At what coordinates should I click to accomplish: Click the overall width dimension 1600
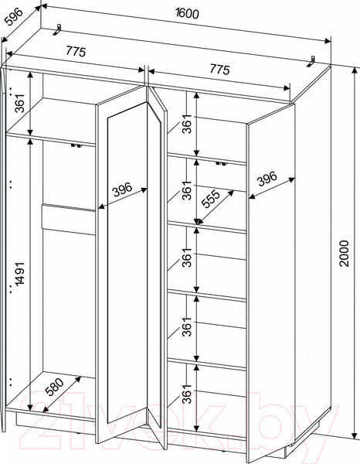pos(187,13)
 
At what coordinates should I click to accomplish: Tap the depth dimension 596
pos(14,17)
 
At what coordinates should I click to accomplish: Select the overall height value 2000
pos(344,254)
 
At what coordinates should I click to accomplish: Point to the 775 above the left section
pos(76,51)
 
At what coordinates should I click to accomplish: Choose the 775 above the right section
pos(219,70)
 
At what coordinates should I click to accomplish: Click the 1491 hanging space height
pos(20,274)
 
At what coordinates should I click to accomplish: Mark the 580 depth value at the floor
pos(55,387)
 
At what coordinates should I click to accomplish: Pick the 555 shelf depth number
pos(211,198)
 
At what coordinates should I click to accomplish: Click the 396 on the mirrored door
pos(123,190)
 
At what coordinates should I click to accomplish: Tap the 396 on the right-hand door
pos(267,179)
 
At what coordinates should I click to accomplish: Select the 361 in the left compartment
pos(20,104)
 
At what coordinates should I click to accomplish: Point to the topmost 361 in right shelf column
pos(187,124)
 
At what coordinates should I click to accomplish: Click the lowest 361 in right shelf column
pos(187,394)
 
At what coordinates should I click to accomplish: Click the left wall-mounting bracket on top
pos(57,30)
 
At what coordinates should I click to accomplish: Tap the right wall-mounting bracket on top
pos(311,61)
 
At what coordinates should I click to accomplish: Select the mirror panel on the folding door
pos(127,262)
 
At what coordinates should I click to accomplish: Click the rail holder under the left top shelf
pos(76,146)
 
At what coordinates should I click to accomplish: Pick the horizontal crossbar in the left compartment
pos(69,219)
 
